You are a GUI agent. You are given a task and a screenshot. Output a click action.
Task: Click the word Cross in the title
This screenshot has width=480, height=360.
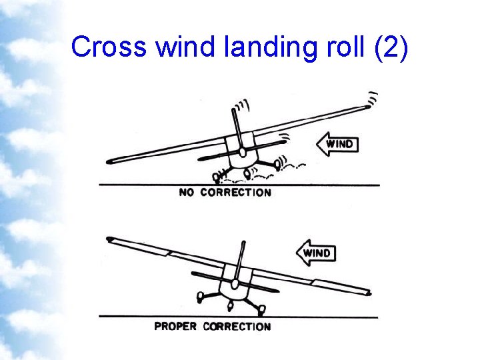110,47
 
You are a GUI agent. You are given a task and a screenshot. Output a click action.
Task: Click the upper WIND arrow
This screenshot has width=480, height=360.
337,143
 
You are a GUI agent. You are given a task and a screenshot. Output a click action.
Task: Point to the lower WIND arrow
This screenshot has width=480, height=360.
315,253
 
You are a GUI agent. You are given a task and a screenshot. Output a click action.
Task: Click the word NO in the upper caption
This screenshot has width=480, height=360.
187,193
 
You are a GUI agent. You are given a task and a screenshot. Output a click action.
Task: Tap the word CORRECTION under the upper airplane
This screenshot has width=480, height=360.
236,193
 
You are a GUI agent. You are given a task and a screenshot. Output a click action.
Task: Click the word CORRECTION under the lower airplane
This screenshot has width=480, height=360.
237,327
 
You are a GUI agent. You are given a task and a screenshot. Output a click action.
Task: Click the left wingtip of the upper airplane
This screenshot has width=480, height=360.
111,161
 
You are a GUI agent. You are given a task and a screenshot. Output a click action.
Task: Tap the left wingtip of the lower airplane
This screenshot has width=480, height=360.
111,238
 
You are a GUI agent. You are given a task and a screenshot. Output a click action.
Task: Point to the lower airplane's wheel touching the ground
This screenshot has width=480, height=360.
261,309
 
